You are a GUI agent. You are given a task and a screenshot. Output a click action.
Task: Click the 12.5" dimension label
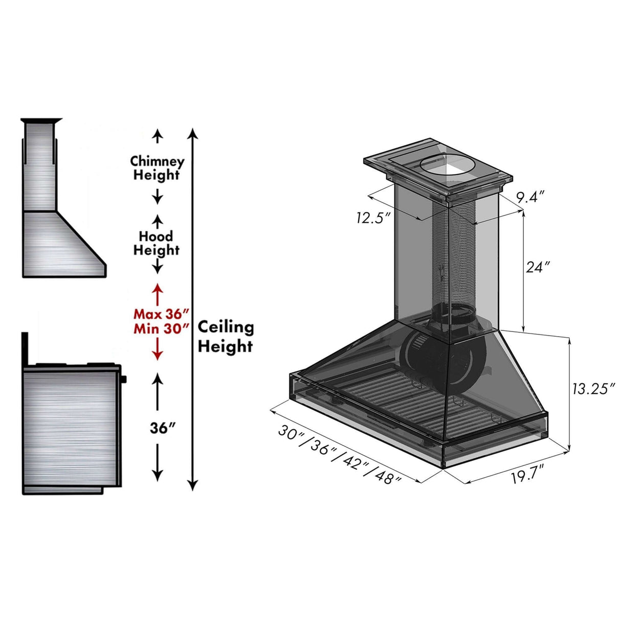point(373,217)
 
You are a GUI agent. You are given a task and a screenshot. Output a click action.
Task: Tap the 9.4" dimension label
point(529,197)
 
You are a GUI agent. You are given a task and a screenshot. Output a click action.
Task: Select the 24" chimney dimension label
point(538,267)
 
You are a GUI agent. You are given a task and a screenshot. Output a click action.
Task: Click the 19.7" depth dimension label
point(527,478)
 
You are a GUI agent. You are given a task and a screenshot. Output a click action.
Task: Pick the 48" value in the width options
point(387,478)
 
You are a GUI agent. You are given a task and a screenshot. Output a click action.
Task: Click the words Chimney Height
point(157,168)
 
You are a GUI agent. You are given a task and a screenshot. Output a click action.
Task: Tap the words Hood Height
point(157,243)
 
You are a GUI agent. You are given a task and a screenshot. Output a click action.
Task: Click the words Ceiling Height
point(225,337)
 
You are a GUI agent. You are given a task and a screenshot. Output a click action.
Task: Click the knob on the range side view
point(124,379)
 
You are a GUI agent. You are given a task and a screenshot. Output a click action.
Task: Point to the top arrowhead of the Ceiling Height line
point(192,134)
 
